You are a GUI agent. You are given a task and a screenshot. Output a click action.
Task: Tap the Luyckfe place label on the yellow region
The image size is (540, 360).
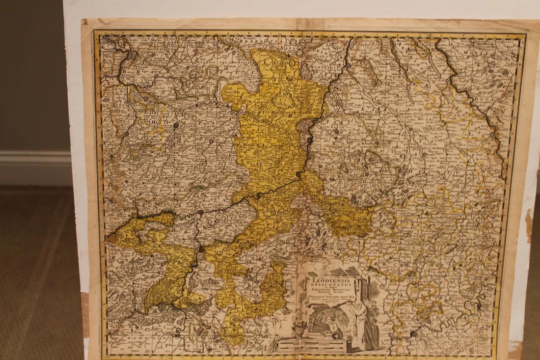tap(232, 91)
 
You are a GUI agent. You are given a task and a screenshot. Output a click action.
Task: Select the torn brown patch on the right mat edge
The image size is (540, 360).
tap(529, 226)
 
